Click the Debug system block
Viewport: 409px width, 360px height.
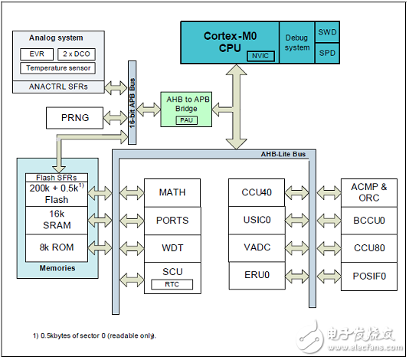point(297,42)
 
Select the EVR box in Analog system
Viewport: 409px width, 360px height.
point(36,54)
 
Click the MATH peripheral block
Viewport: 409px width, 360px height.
point(172,191)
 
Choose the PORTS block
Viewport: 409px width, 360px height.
point(172,220)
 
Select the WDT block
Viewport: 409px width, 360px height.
point(172,247)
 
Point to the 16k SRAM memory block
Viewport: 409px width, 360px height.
point(57,221)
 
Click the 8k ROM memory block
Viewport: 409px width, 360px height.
point(57,247)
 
